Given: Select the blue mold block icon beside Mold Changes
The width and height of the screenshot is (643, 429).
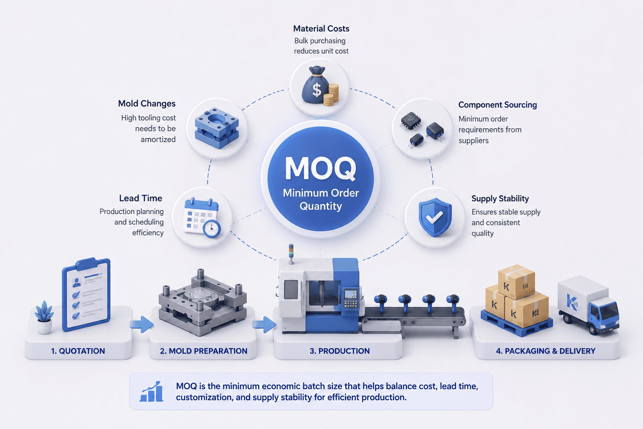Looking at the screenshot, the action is (x=217, y=128).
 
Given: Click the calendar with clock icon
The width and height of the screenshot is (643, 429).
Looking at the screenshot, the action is (x=202, y=217).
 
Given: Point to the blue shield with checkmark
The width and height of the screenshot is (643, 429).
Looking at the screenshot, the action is (x=435, y=217).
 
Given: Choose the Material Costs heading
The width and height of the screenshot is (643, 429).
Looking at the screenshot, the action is (x=321, y=29).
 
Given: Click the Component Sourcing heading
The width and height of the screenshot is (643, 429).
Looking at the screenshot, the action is (x=497, y=105).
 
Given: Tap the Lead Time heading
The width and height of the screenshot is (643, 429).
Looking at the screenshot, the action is (x=141, y=198).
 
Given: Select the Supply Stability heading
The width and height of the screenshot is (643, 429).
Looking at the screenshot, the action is (x=500, y=199).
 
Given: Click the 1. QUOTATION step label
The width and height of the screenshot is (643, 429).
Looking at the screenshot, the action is (x=78, y=351).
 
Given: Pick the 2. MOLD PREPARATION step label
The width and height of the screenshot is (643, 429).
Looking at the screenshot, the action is (x=203, y=351).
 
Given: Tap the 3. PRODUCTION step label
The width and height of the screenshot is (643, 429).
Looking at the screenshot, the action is (x=340, y=351).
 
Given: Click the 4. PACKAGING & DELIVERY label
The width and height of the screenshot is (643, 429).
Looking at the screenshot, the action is (x=546, y=351).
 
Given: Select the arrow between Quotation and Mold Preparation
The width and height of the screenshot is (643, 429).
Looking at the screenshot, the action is (x=142, y=324).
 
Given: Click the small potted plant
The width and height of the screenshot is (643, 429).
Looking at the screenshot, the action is (x=44, y=318).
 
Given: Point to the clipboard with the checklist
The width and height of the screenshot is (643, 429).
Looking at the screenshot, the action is (x=86, y=294).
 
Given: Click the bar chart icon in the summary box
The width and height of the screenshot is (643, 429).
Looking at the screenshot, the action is (x=152, y=391).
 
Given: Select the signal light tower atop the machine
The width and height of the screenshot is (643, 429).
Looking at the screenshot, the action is (x=291, y=254).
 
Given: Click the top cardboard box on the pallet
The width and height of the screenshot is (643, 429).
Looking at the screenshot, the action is (x=517, y=281).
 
